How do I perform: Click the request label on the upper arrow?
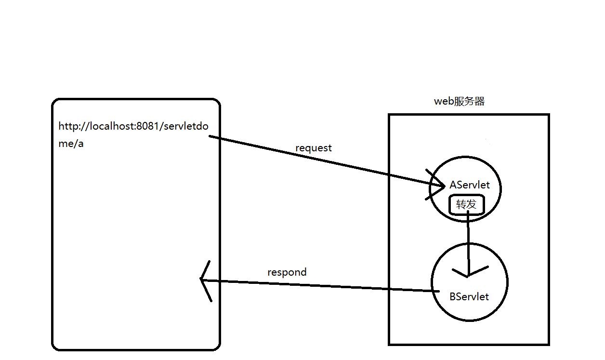point(314,148)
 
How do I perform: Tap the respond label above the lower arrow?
point(287,272)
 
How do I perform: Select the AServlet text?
point(470,185)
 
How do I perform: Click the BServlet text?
point(469,297)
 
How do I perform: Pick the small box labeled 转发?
point(466,205)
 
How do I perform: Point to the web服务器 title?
point(459,101)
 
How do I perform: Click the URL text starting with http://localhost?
point(133,127)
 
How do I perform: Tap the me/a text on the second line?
point(71,144)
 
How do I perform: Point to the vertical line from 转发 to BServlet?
point(467,241)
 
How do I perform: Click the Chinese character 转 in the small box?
point(460,205)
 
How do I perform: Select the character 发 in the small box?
point(472,205)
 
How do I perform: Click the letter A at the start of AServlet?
point(453,185)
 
